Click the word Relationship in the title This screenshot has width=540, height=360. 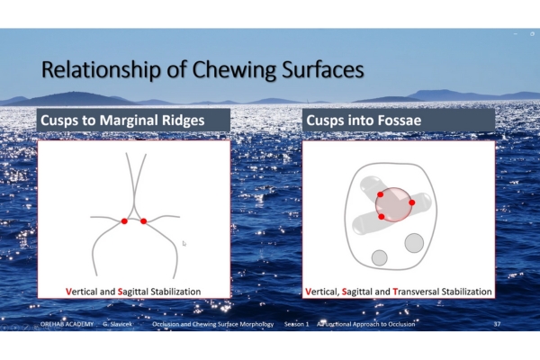click(x=101, y=70)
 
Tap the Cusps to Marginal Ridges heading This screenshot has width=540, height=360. click(x=122, y=121)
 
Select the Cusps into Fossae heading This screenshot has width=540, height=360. click(x=364, y=121)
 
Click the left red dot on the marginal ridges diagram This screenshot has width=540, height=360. click(x=124, y=221)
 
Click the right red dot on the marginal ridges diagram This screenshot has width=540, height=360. click(x=144, y=221)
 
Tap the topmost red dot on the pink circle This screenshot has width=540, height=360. click(x=380, y=194)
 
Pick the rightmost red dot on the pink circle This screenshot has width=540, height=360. click(x=411, y=202)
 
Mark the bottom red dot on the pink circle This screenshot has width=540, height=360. click(x=382, y=217)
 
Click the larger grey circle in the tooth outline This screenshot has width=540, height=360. click(x=414, y=243)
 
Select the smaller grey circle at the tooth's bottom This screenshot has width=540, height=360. click(x=380, y=257)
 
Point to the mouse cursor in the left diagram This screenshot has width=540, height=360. click(x=184, y=244)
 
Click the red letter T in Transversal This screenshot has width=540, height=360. click(x=395, y=292)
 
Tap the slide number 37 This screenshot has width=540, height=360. click(x=497, y=324)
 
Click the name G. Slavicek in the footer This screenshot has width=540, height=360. click(x=117, y=324)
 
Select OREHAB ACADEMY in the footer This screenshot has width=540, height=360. click(x=67, y=324)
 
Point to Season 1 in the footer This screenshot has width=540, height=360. click(x=296, y=324)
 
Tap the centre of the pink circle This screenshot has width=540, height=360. click(x=393, y=204)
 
